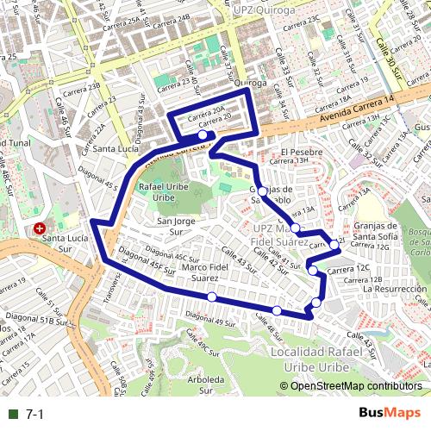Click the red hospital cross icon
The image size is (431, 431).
click(x=40, y=229)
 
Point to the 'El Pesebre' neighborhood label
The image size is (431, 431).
click(x=301, y=150)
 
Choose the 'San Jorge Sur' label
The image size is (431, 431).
click(x=176, y=227)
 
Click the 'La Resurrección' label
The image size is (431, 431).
click(x=395, y=289)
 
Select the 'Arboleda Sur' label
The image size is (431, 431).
click(x=205, y=384)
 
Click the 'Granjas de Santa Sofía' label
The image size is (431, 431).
click(x=376, y=232)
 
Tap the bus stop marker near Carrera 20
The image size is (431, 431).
click(x=203, y=135)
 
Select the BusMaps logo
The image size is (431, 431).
click(x=390, y=414)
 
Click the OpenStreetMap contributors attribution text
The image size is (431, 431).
click(x=355, y=386)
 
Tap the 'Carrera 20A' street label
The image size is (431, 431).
click(x=207, y=111)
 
